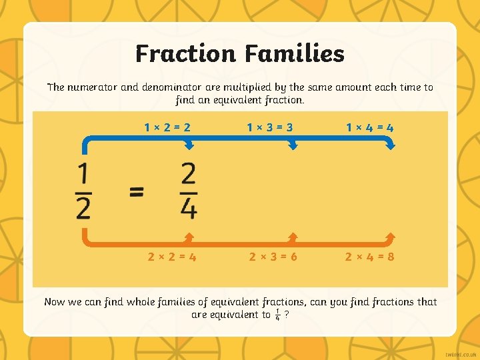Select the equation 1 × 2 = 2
click(x=167, y=127)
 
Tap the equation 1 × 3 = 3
click(x=270, y=127)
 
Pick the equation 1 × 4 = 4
click(x=370, y=127)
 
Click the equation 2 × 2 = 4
click(x=172, y=256)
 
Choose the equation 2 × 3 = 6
click(x=273, y=256)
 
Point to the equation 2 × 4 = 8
click(x=371, y=256)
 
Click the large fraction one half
click(x=84, y=192)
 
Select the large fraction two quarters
click(x=189, y=192)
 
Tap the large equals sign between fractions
click(x=136, y=192)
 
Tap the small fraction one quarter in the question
click(x=277, y=315)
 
